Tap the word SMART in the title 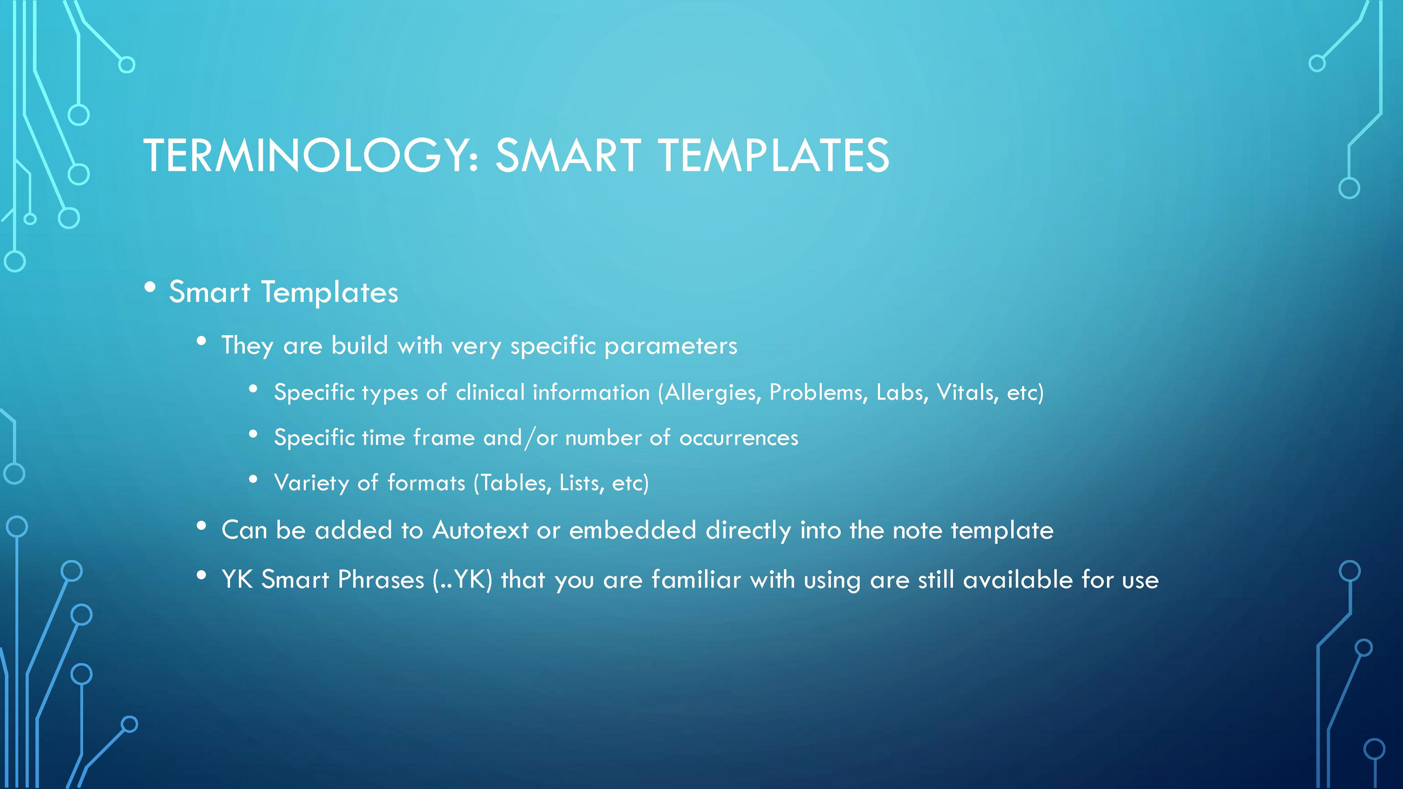click(568, 156)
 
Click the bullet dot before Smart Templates click(150, 287)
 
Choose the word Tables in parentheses click(512, 483)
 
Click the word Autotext click(481, 530)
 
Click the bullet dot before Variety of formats click(253, 479)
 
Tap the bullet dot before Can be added click(201, 526)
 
